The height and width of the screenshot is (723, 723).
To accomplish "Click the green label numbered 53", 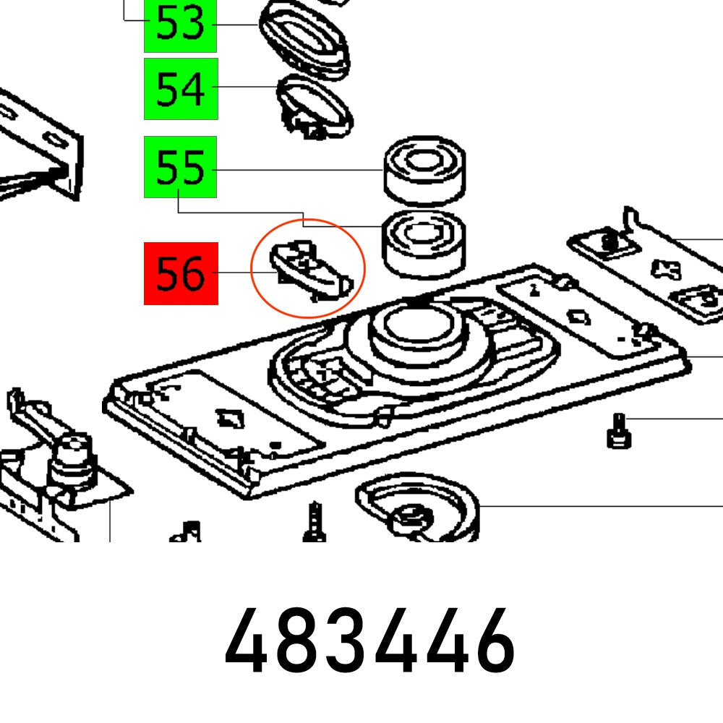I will coord(180,25).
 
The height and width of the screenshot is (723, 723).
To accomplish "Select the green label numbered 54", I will coord(180,89).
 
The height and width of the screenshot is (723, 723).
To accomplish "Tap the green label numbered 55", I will coord(180,167).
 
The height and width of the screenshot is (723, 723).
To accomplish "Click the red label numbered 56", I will coord(180,273).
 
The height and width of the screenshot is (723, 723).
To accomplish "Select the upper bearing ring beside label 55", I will coord(424,171).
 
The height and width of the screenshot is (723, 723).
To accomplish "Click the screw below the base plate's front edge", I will coord(312,522).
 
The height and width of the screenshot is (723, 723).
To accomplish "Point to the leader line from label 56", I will coord(234,273).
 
